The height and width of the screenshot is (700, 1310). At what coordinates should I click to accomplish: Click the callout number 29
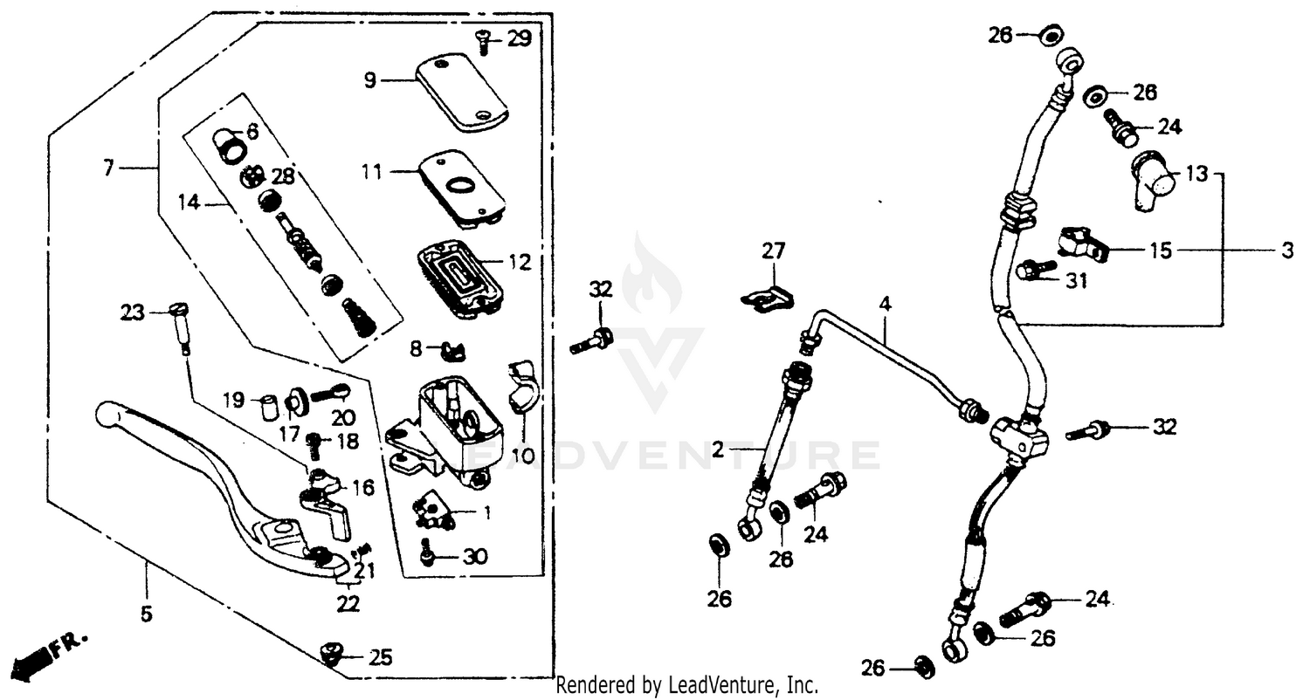tap(519, 38)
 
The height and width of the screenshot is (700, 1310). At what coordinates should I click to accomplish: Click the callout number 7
tap(107, 168)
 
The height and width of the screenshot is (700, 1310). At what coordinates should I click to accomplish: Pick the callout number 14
tap(190, 203)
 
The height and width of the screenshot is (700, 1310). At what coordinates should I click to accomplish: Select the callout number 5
tap(146, 614)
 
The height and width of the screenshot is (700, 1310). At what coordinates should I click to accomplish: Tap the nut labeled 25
tap(332, 653)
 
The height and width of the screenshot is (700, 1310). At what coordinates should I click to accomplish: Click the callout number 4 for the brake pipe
tap(885, 305)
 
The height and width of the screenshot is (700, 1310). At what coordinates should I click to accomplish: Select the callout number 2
tap(718, 450)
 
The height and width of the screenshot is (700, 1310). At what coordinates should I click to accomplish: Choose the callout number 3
tap(1286, 251)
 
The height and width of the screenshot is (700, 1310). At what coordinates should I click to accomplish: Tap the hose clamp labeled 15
tap(1081, 244)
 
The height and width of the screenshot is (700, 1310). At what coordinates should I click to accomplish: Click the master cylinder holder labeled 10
tap(523, 388)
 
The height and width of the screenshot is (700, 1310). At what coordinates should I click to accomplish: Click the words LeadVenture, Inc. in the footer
tap(741, 686)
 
